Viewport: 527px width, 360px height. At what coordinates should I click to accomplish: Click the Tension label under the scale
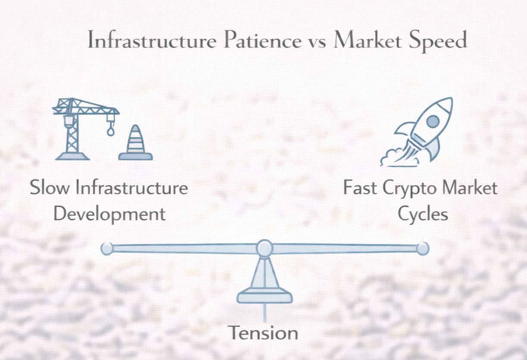tap(263, 333)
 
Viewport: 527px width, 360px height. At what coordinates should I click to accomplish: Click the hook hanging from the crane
tap(111, 129)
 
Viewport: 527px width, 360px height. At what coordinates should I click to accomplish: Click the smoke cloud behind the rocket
tap(397, 157)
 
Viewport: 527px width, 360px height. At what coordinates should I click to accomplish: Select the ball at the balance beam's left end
tap(107, 248)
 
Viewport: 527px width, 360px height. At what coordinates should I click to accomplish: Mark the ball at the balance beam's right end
tap(423, 248)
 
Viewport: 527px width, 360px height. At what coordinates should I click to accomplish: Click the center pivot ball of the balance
tap(264, 248)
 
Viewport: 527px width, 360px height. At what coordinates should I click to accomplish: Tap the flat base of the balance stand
tap(264, 297)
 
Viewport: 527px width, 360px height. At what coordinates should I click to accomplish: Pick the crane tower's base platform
tap(72, 156)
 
